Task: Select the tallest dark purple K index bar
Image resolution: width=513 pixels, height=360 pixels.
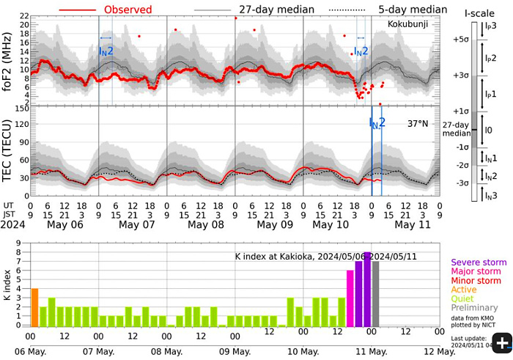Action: (x=367, y=289)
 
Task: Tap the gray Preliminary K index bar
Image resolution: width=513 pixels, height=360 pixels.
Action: (x=376, y=293)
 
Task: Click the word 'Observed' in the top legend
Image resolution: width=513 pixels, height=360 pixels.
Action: (x=128, y=10)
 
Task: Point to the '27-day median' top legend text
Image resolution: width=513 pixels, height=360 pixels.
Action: (x=277, y=10)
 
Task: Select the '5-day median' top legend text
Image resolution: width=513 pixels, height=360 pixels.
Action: (x=413, y=10)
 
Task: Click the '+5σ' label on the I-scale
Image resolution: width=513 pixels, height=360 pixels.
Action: (x=462, y=40)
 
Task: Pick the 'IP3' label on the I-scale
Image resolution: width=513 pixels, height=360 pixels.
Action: (x=490, y=26)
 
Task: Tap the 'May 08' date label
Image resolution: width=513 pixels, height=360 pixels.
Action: (x=206, y=223)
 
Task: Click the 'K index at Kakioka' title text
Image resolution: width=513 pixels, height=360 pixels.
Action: (x=275, y=257)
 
